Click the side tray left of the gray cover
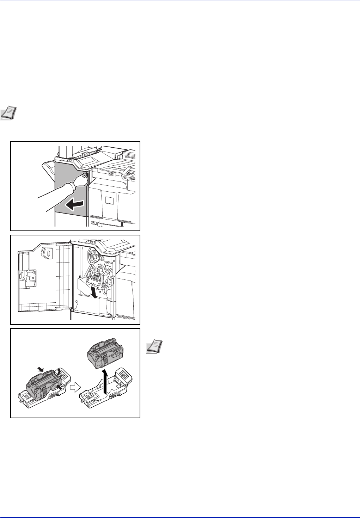click(49, 169)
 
